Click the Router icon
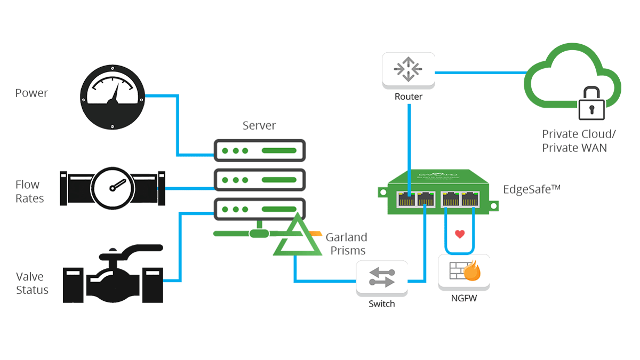[x=408, y=69]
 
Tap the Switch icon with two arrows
[x=382, y=278]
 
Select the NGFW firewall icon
[x=463, y=272]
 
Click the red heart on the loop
[x=459, y=234]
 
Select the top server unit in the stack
[x=259, y=150]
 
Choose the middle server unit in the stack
[x=259, y=180]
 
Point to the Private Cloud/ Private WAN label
[x=574, y=141]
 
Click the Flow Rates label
[x=29, y=191]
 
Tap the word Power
[x=31, y=93]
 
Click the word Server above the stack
[x=259, y=126]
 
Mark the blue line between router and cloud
[x=480, y=71]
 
